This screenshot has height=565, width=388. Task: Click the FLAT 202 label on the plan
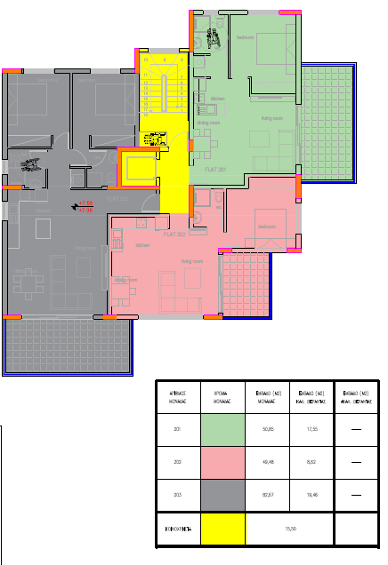tap(174, 235)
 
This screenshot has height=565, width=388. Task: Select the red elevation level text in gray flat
tap(85, 207)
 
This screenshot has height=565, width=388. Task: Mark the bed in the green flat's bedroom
tap(271, 50)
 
